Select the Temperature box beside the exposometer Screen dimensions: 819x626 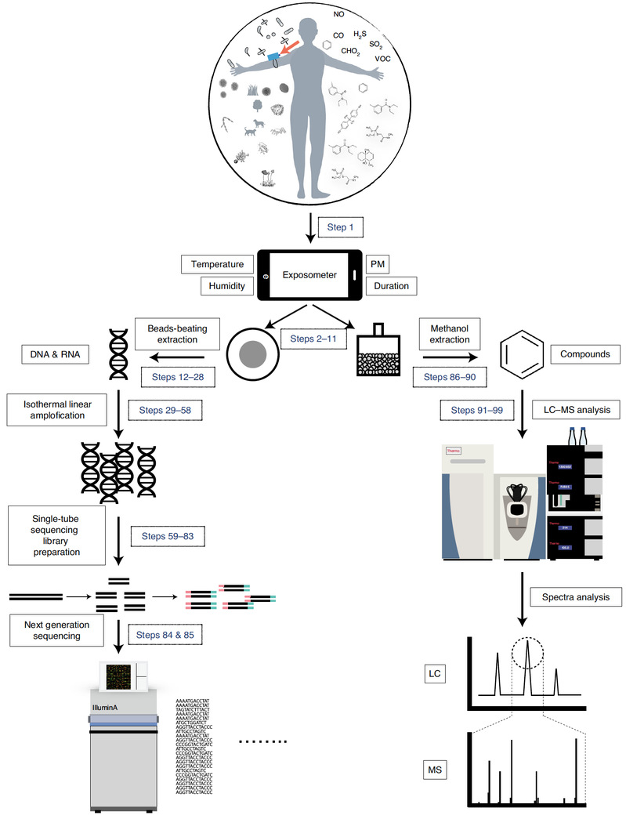click(217, 263)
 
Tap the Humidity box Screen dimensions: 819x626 click(227, 286)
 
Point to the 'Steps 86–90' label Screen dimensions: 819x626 click(450, 376)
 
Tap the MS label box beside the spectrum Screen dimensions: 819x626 click(433, 770)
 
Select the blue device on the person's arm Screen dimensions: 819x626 click(273, 56)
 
